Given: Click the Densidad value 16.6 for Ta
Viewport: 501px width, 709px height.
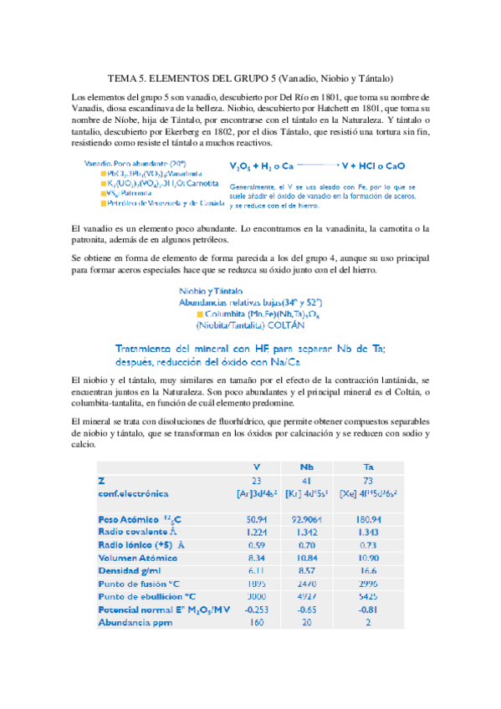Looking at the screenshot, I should (368, 569).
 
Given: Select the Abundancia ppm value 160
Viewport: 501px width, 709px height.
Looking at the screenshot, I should (256, 622).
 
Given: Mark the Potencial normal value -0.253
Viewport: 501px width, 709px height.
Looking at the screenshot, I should (256, 609).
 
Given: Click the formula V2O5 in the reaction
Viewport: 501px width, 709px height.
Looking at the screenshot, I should (243, 167).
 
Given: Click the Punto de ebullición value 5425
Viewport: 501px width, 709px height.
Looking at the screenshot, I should (368, 596).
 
